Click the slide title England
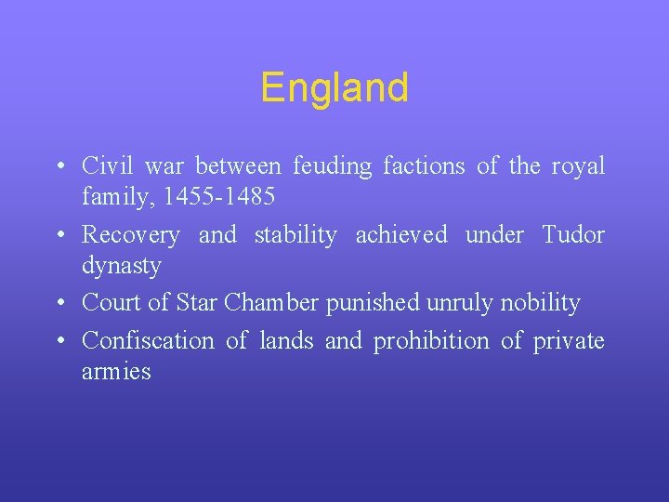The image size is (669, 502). click(x=334, y=88)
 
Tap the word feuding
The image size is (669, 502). click(x=333, y=167)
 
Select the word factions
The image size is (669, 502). click(x=425, y=166)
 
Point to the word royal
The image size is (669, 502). click(x=577, y=167)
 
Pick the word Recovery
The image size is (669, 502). click(x=131, y=236)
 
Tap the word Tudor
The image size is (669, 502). click(x=572, y=235)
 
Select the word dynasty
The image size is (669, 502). click(x=122, y=266)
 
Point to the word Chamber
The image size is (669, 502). click(x=269, y=303)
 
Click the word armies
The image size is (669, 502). click(x=116, y=372)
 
